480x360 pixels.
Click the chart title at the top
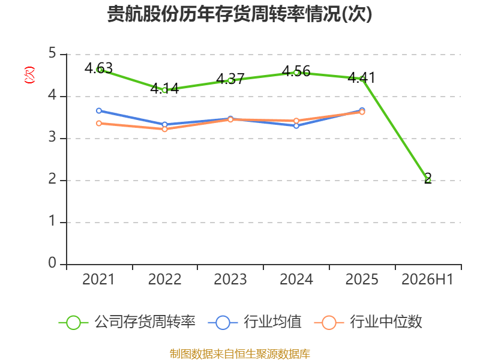[239, 14]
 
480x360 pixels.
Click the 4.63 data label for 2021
[98, 68]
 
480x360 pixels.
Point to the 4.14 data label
[164, 88]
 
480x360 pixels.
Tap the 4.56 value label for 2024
[296, 71]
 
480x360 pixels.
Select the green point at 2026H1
[428, 181]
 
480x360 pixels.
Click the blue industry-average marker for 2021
[99, 110]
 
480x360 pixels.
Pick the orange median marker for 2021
[99, 124]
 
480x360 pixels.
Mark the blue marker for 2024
[296, 126]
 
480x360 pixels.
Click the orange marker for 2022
[164, 129]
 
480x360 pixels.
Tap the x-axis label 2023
[230, 280]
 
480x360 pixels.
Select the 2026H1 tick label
[427, 280]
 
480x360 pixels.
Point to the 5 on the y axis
[52, 53]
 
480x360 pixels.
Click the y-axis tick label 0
[52, 263]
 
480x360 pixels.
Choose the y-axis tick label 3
[52, 137]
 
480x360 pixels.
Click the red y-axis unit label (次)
[29, 75]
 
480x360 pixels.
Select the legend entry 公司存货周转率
[127, 322]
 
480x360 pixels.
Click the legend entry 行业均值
[254, 322]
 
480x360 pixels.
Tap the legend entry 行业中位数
[368, 322]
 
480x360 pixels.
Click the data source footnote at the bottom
[239, 354]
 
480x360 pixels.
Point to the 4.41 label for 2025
[362, 77]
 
